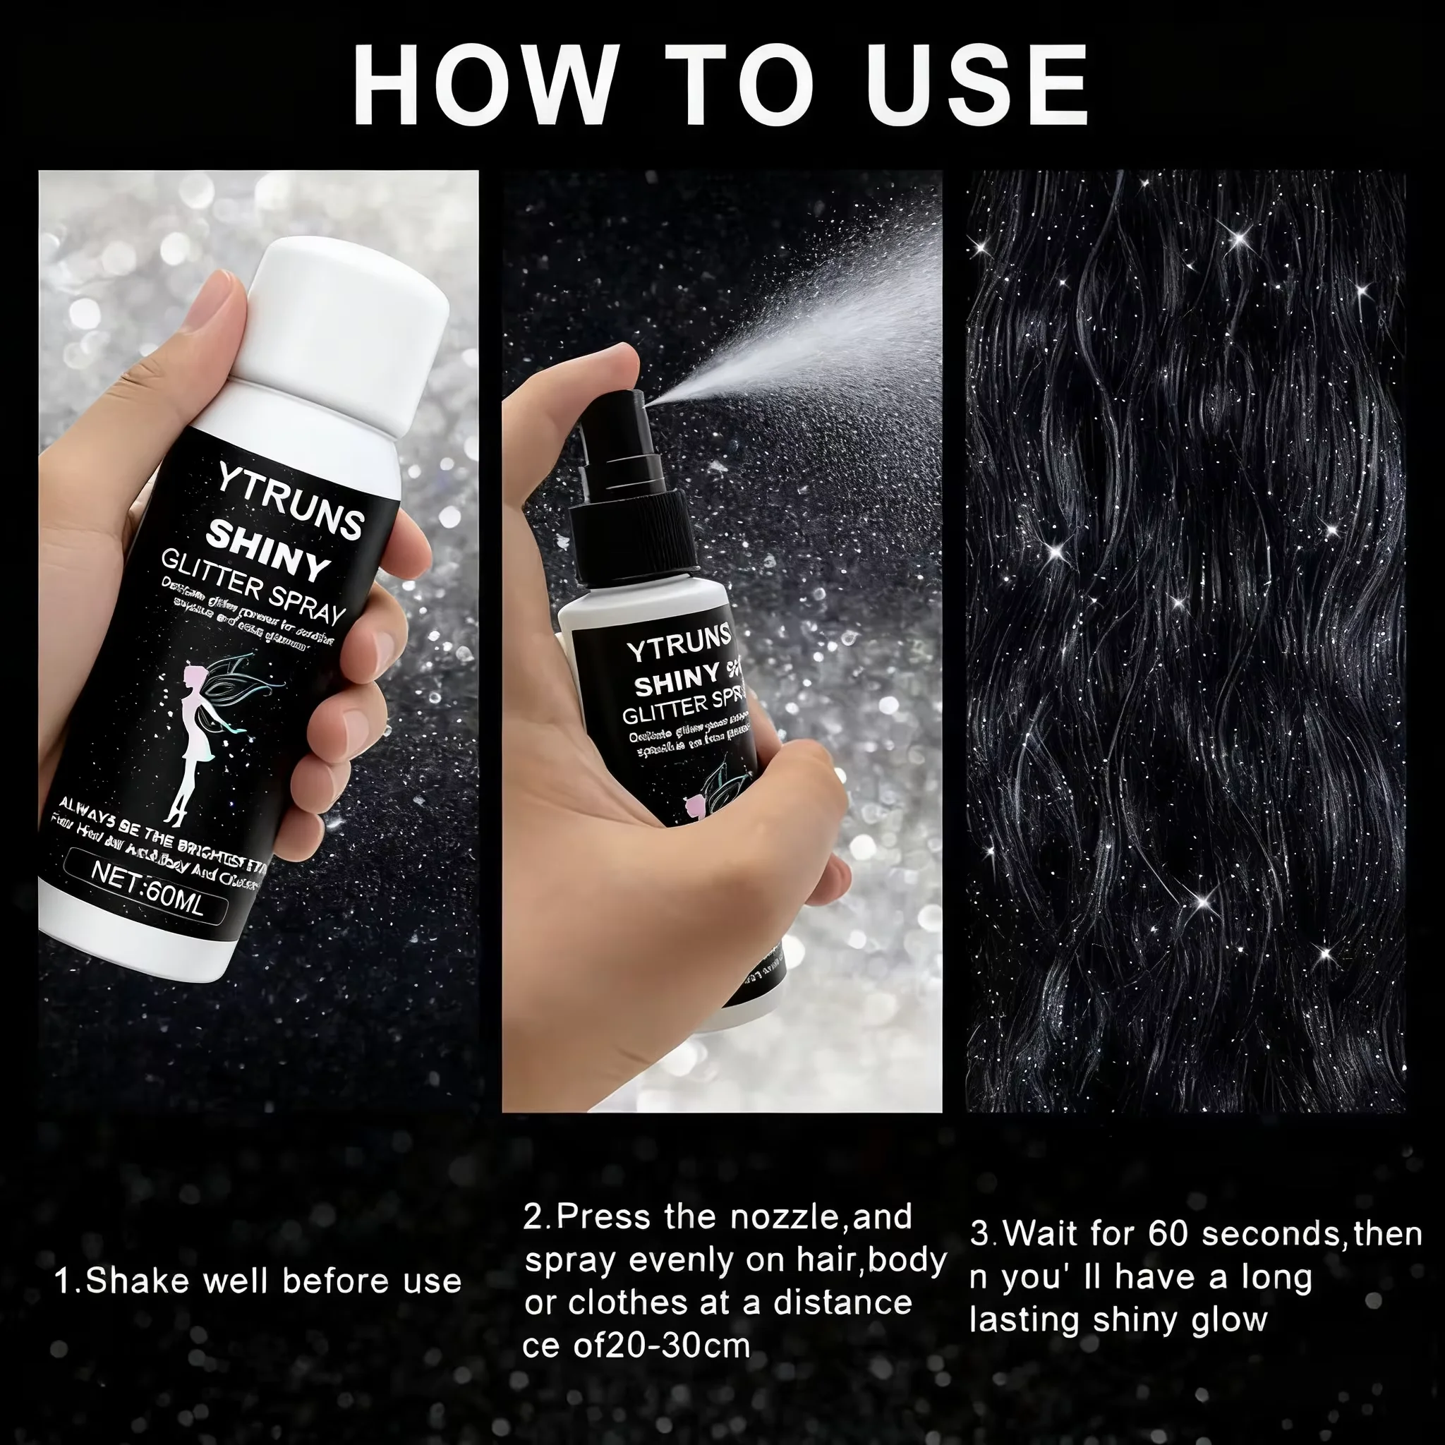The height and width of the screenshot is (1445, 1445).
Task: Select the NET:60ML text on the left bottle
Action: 147,890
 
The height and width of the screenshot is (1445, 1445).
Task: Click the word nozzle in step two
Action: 785,1218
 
